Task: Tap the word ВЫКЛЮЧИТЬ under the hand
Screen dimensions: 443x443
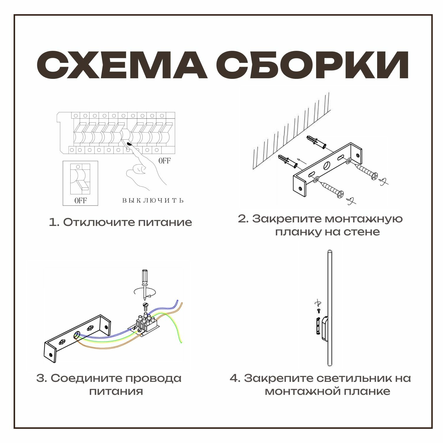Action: click(153, 201)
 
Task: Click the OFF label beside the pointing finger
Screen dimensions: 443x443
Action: click(165, 161)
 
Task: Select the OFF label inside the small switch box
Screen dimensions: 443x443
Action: click(80, 201)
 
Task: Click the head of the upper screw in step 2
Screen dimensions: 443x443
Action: click(374, 176)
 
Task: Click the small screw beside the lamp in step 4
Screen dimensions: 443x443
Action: click(319, 311)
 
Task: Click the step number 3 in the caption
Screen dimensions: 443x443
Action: click(41, 378)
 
